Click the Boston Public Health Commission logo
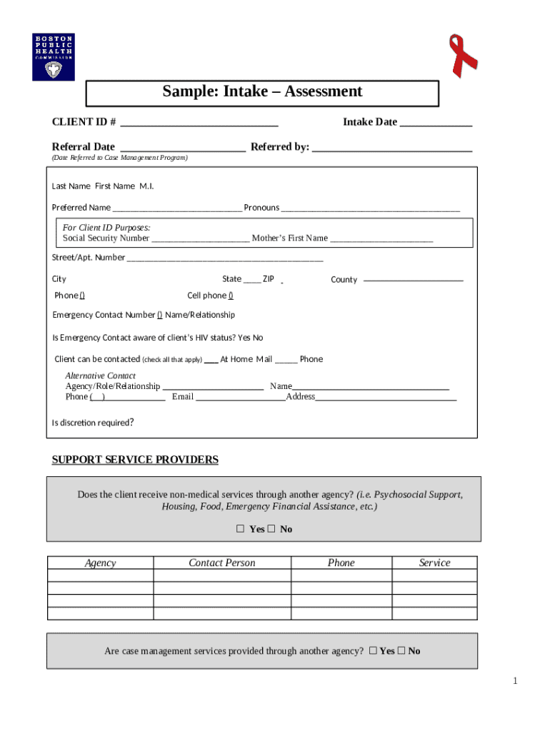tap(53, 57)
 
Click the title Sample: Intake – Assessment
tap(262, 91)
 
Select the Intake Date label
tap(369, 122)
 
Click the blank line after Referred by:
tap(392, 148)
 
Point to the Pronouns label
tap(261, 208)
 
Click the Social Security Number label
tap(106, 238)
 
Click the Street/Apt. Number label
tap(88, 258)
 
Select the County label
tap(344, 280)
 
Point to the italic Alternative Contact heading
tap(100, 375)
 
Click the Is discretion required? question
tap(93, 423)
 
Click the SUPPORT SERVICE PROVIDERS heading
tap(135, 460)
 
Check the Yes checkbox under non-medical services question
tap(241, 529)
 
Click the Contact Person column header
tap(221, 563)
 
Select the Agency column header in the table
tap(100, 563)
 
